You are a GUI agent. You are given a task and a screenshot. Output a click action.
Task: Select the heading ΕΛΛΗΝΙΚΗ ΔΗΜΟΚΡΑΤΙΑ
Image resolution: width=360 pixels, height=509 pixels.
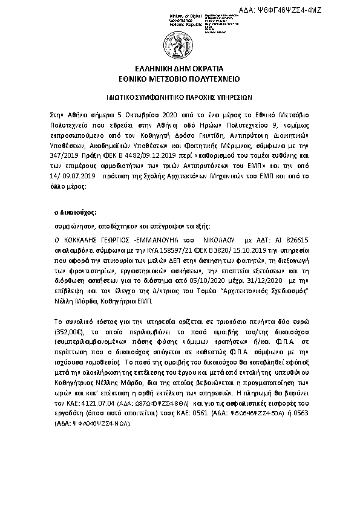tap(180, 68)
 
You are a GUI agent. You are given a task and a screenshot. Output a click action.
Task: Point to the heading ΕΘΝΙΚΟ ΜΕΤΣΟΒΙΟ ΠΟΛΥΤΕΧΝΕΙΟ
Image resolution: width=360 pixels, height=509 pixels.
tap(180, 79)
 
